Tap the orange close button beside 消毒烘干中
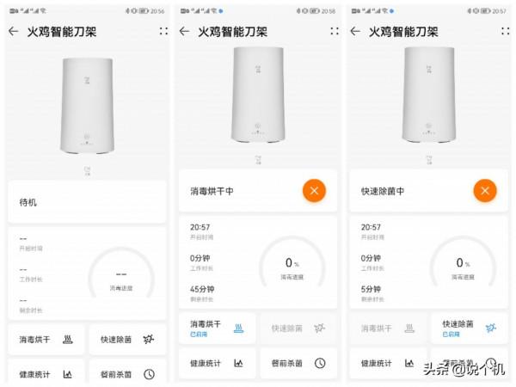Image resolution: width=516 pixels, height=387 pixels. (x=314, y=191)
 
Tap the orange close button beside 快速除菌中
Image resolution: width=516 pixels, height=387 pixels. (x=485, y=191)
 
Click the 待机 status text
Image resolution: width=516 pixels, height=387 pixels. (x=28, y=203)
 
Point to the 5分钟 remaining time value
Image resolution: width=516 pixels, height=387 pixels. (x=372, y=289)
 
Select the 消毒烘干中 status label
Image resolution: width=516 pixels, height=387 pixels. (x=212, y=191)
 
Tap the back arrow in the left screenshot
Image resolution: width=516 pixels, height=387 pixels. (x=13, y=31)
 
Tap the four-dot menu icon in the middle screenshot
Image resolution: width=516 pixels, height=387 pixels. (x=335, y=31)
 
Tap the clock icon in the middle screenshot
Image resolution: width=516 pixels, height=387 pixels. (x=320, y=363)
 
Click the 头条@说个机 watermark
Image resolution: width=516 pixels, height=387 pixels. (x=462, y=370)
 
